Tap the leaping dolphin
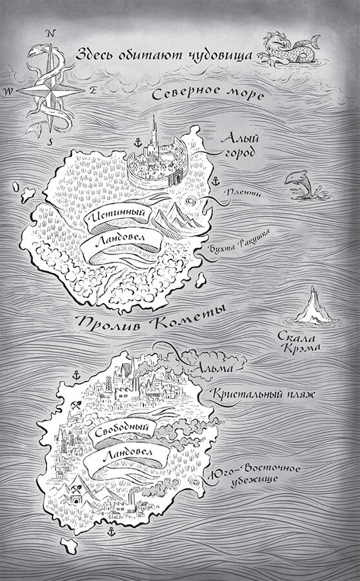(x=300, y=182)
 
